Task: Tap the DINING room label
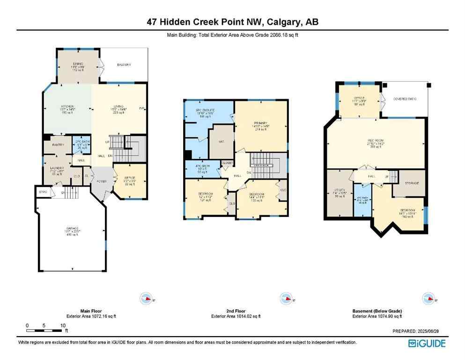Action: pos(78,63)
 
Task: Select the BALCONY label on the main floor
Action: pos(124,65)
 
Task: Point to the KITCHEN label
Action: pos(66,107)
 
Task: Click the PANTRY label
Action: pos(58,145)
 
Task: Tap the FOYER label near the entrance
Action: pos(102,181)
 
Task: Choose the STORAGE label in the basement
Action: pos(408,183)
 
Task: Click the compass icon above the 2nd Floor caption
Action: pos(285,298)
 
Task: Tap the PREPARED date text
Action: pos(419,331)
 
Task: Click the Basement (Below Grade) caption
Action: pos(377,311)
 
